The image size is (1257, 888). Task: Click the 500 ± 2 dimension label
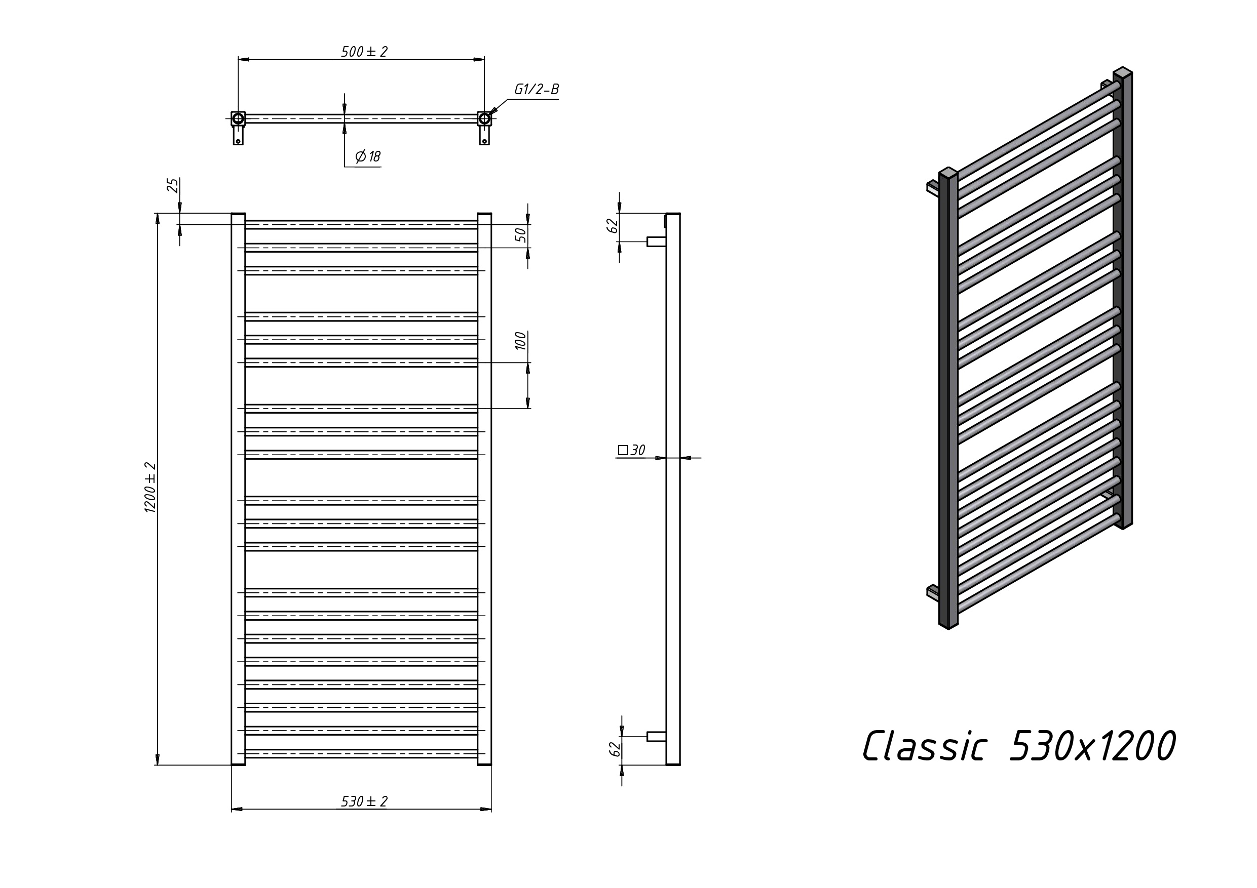[364, 52]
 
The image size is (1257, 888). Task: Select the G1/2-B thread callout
[537, 89]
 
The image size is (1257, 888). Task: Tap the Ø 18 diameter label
[368, 156]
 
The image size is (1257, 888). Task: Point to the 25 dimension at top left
[173, 185]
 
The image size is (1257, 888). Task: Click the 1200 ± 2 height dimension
[150, 488]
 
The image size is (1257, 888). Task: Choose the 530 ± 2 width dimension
[364, 801]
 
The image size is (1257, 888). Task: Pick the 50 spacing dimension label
[521, 235]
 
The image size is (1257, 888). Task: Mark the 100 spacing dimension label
[521, 341]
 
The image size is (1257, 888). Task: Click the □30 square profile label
[632, 450]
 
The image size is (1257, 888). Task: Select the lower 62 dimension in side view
[615, 749]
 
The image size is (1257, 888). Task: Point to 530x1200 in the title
[1092, 746]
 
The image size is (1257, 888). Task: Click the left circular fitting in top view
[238, 119]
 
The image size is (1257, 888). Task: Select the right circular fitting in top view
[484, 119]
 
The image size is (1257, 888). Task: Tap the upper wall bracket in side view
[657, 241]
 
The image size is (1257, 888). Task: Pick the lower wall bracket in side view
[657, 737]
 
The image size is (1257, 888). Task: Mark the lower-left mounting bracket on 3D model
[933, 591]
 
